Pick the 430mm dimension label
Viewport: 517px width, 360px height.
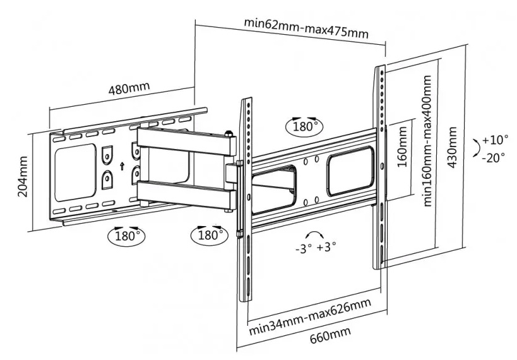[x=452, y=147]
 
